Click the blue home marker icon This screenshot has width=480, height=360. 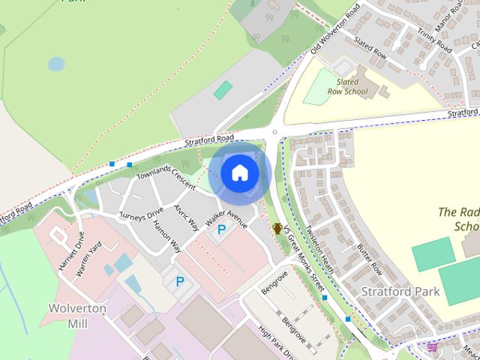tap(238, 173)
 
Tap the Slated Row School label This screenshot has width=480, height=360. tap(352, 86)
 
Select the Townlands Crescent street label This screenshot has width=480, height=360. tap(166, 173)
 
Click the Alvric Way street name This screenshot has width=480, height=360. tap(187, 214)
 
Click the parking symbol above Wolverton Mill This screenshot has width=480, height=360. tap(179, 281)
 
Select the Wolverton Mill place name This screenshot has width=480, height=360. tap(78, 316)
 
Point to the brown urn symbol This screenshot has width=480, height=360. tap(277, 227)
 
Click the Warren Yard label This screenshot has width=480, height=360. tap(88, 259)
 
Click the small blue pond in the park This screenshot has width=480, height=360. tap(56, 64)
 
